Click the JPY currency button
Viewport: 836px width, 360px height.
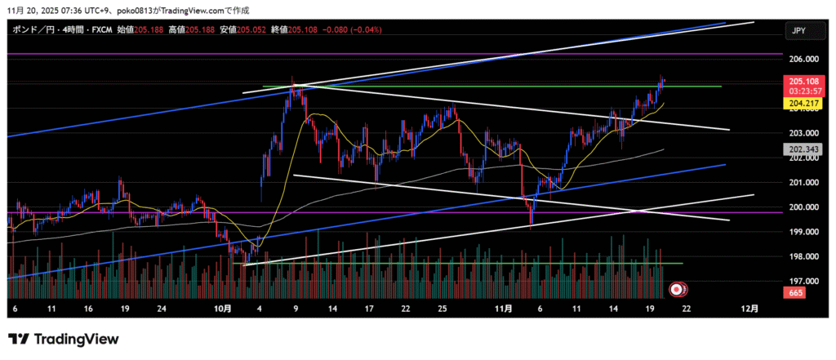click(x=799, y=30)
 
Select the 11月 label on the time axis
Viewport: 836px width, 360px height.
click(x=503, y=309)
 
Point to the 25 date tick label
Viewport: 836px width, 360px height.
click(x=441, y=309)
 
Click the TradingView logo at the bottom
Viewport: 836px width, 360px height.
click(x=64, y=339)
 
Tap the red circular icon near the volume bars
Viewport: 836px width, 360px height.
click(x=676, y=288)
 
